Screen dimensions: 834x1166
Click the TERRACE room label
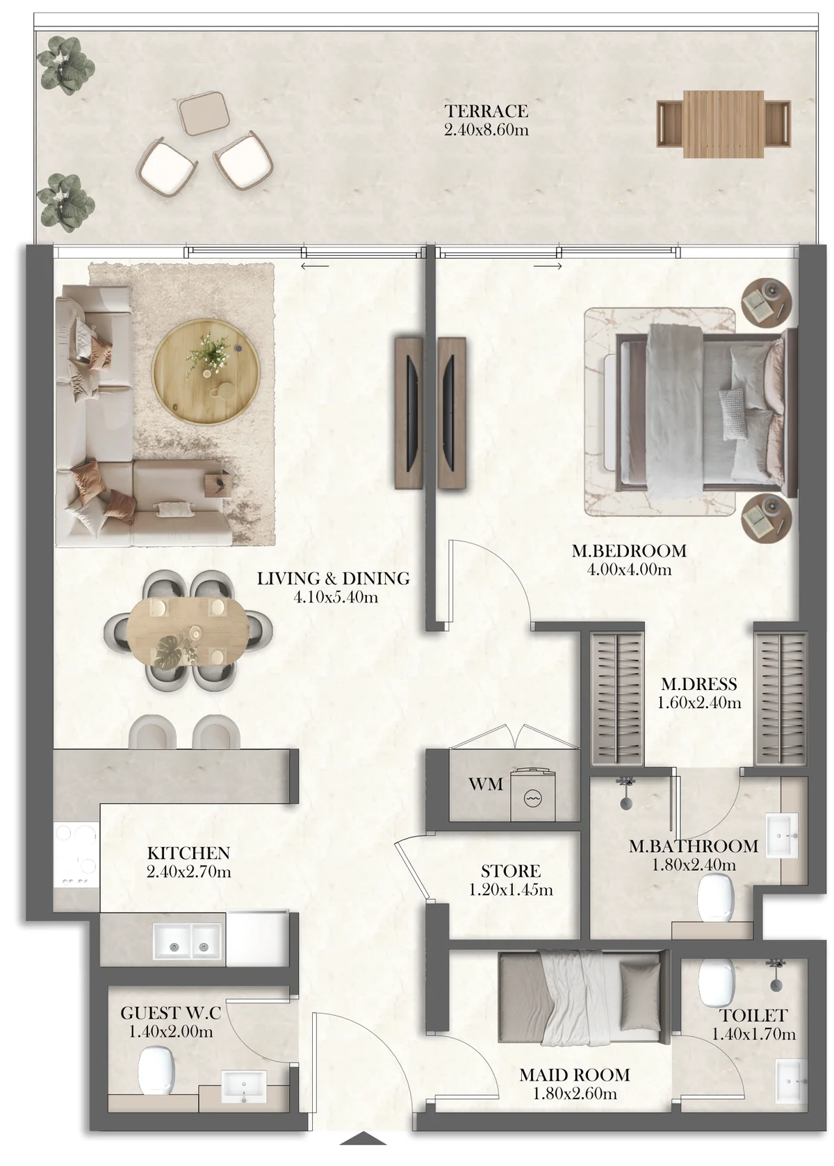(x=486, y=111)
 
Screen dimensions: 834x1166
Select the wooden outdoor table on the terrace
(x=723, y=124)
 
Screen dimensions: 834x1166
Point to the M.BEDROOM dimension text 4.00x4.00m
(x=629, y=570)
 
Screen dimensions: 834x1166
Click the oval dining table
(x=188, y=632)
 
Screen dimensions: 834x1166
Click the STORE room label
(x=510, y=871)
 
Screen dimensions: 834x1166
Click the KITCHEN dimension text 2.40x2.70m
(x=188, y=871)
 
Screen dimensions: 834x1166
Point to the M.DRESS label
(x=698, y=684)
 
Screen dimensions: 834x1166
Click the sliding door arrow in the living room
(x=315, y=267)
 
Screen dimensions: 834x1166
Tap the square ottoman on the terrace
(x=204, y=114)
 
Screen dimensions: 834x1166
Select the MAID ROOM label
(x=574, y=1074)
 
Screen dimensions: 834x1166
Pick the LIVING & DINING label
(x=333, y=578)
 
